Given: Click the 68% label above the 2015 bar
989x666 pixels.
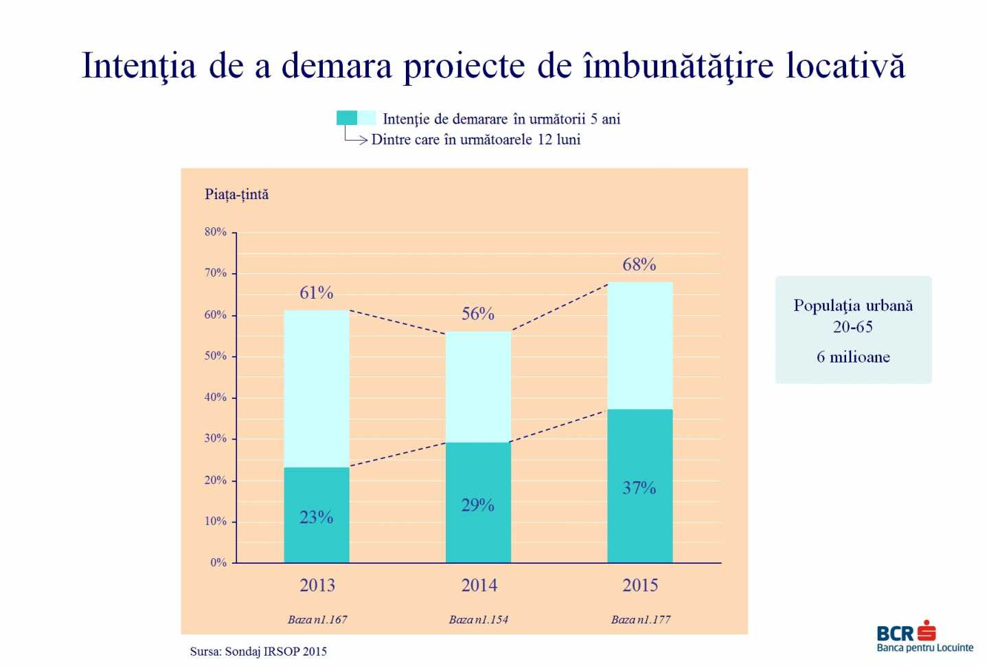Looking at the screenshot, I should coord(639,264).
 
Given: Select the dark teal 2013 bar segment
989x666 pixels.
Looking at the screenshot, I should coord(317,515).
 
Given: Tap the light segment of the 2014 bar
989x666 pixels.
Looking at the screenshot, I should coord(478,387).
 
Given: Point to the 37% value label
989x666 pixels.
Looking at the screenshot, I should coord(639,488).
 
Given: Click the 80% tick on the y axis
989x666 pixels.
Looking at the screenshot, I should coord(215,232).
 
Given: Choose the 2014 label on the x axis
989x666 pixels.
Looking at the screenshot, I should coord(479,586).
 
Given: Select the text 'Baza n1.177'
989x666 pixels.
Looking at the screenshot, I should coord(641,619).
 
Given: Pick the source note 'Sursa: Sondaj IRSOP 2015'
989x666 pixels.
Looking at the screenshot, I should coord(258,651).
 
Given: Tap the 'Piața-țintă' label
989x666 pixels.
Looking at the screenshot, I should coord(237,194).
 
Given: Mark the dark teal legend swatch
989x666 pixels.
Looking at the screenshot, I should coord(347,118).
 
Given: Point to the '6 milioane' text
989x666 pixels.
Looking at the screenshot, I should coord(853,357).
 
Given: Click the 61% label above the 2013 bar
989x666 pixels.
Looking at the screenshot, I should coord(316,293).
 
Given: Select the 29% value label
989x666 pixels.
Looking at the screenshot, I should coord(478,505).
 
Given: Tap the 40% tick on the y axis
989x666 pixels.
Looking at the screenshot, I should coord(215,398).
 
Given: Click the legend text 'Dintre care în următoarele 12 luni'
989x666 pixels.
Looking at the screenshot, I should coord(476,139).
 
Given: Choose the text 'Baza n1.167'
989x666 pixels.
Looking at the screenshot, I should coord(317,619).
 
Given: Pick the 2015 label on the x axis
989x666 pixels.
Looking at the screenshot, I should coord(640,586).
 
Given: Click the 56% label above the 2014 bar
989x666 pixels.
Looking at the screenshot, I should coord(478,314).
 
